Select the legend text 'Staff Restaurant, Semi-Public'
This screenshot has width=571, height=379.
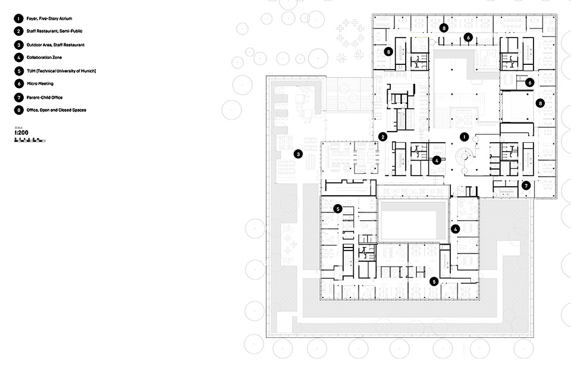coord(54,32)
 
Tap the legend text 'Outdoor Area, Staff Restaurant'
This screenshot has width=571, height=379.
coord(55,45)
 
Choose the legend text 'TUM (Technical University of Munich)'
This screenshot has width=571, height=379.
coord(61,71)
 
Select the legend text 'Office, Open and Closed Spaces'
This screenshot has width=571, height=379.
coord(57,110)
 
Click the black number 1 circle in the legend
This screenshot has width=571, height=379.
coord(19,18)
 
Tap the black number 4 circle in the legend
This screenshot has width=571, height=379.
coord(19,58)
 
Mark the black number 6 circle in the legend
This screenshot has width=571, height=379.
coord(19,84)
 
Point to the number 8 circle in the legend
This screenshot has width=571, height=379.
coord(19,110)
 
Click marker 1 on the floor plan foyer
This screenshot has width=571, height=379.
coord(464,136)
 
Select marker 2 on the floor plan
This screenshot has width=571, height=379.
coord(382,137)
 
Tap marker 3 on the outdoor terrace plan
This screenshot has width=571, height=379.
coord(297,155)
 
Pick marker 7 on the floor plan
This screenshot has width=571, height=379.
coord(526,186)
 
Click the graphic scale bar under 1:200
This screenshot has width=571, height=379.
coord(30,141)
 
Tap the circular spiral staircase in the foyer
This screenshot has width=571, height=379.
coord(463,157)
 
